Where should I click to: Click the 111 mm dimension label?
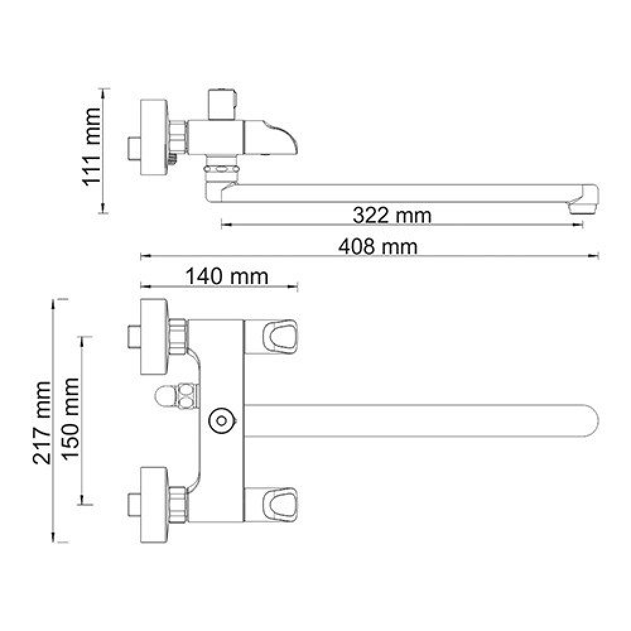(91, 146)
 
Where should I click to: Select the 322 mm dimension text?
(392, 215)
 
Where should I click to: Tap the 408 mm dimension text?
(378, 246)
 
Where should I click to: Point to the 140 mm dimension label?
(227, 277)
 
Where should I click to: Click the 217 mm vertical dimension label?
(42, 423)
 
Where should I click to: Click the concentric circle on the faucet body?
(221, 422)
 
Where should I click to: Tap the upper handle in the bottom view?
(271, 337)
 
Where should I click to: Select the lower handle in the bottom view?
(271, 505)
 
